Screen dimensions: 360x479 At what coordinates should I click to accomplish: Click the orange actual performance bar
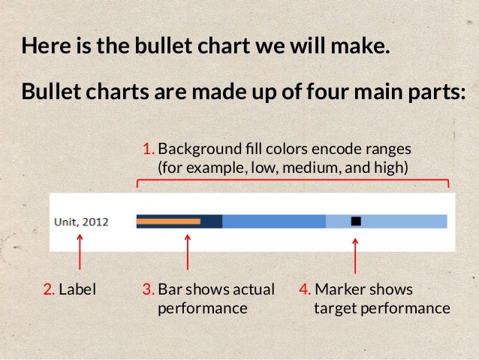pos(169,221)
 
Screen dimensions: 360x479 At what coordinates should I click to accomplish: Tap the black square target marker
pos(356,221)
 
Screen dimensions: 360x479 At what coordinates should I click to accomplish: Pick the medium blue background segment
pos(274,221)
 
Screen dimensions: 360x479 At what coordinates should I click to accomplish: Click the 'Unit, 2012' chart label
pos(81,222)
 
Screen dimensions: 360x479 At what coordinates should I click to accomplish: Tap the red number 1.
pos(148,147)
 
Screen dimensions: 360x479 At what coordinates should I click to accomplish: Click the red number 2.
pos(48,289)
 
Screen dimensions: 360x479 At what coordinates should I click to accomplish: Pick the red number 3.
pos(148,289)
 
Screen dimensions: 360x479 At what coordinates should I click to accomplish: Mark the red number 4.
pos(305,289)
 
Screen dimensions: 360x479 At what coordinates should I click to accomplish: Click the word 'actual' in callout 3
pos(255,289)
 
